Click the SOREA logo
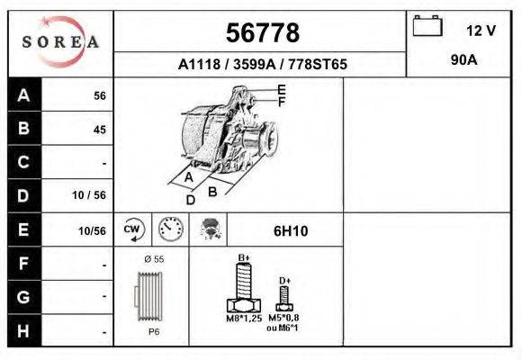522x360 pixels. point(60,41)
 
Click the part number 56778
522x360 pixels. point(261,33)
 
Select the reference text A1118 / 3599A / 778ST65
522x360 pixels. point(263,65)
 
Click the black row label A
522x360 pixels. point(24,95)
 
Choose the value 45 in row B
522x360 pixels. point(99,130)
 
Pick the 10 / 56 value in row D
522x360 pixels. point(94,195)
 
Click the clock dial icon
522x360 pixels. point(170,229)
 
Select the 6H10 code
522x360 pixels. point(291,231)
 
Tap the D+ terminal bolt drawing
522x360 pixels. point(284,300)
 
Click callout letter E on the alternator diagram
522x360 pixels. point(282,89)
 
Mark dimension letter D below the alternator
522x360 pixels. point(190,200)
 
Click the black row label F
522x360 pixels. point(24,264)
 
